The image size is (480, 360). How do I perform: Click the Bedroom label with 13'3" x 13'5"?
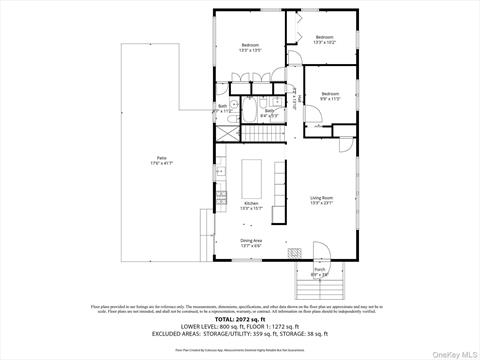coord(250,48)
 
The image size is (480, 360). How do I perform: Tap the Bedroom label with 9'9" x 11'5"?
coord(331,96)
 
